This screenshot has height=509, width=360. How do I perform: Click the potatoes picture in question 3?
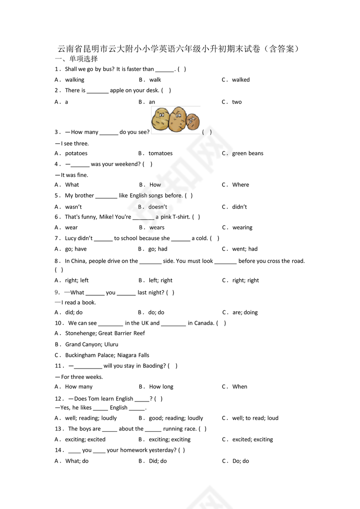click(x=176, y=119)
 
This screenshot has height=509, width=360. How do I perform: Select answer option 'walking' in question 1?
click(x=75, y=80)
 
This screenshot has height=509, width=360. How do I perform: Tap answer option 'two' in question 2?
click(x=237, y=102)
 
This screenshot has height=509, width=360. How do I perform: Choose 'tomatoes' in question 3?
click(x=160, y=153)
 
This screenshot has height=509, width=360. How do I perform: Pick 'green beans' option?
click(x=248, y=153)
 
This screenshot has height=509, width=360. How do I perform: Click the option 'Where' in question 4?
click(x=241, y=185)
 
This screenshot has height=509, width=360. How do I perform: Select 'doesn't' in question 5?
click(x=158, y=207)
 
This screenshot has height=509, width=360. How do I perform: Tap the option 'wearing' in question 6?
click(x=242, y=228)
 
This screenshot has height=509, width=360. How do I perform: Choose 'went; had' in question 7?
click(x=245, y=249)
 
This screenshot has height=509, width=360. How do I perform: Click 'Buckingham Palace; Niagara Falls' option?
click(x=107, y=355)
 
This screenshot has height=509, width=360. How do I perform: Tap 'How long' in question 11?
click(x=161, y=387)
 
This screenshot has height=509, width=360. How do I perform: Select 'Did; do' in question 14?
click(x=158, y=461)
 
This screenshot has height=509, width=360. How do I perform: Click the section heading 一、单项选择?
click(x=76, y=59)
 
